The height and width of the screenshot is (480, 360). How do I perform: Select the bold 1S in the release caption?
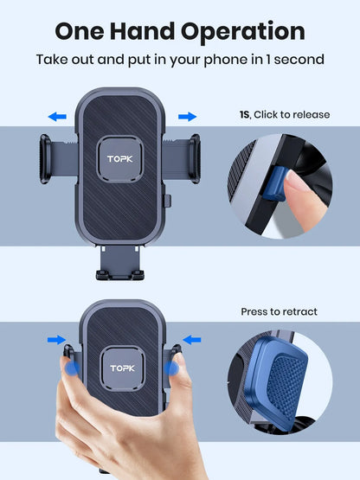tap(245, 114)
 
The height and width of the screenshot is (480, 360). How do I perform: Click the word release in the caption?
tap(310, 114)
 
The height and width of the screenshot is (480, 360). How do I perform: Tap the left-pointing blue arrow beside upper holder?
tap(58, 116)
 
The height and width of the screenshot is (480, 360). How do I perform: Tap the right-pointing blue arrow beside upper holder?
tap(187, 116)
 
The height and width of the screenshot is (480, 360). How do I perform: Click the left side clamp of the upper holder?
tap(48, 158)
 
